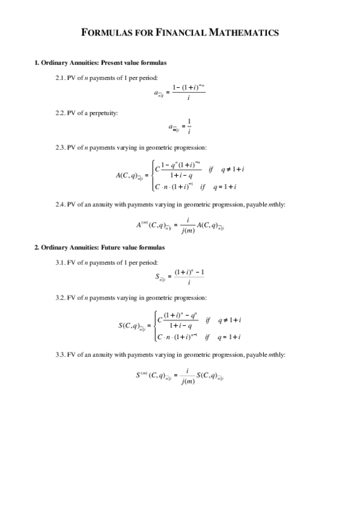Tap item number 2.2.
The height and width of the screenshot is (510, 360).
click(60, 113)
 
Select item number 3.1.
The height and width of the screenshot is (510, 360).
click(60, 262)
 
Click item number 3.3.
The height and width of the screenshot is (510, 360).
click(60, 355)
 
